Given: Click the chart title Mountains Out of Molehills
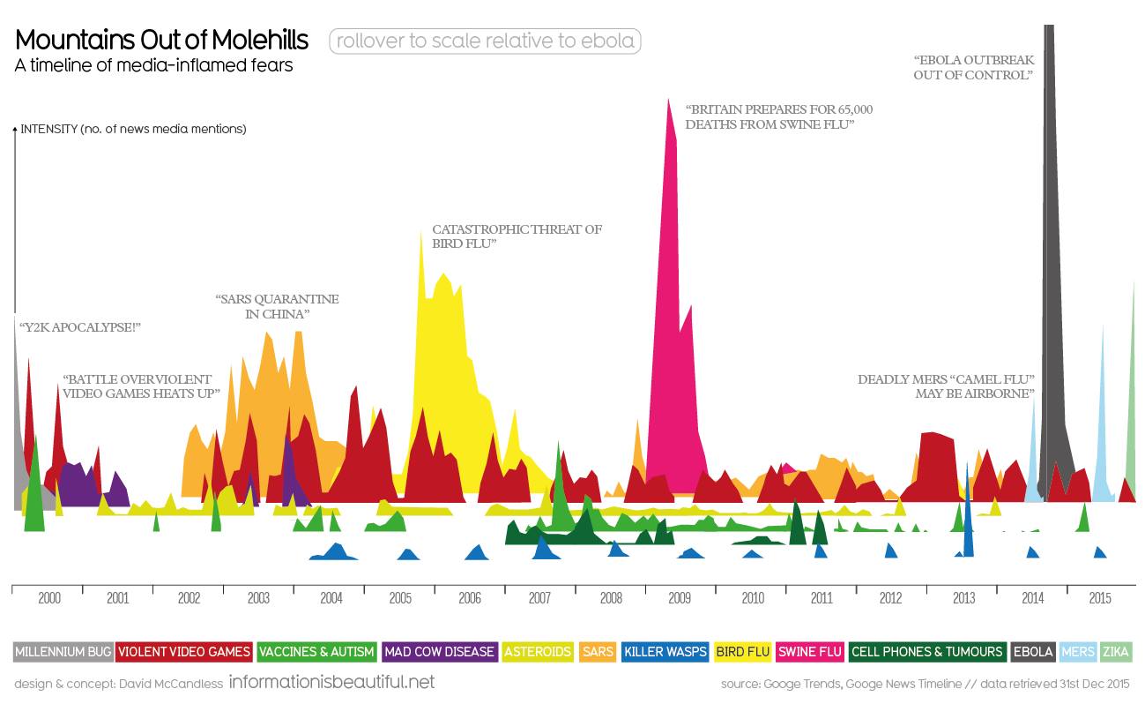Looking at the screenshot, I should [x=162, y=41].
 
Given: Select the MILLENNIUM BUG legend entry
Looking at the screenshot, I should [x=63, y=652].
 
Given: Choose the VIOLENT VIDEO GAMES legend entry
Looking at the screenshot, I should [x=184, y=652].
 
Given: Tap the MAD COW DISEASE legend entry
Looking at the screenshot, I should [x=440, y=652].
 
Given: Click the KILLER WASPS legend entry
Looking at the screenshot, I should [x=665, y=652].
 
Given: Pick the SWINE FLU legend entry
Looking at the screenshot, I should [x=810, y=652].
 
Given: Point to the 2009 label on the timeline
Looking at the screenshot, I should [x=679, y=598].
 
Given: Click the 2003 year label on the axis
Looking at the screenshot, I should [x=258, y=598].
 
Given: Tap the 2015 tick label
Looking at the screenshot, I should [x=1099, y=598].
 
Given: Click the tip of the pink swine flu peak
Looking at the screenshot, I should [x=669, y=99].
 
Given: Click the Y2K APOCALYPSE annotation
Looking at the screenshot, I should [x=80, y=327].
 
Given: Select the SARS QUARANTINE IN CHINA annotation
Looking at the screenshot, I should [x=277, y=306].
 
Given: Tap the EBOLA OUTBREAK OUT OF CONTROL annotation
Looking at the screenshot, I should [x=974, y=68].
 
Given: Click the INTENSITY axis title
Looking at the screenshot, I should [x=133, y=129].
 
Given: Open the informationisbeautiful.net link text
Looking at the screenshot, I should [x=331, y=682].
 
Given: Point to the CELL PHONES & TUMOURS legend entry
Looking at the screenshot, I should [x=926, y=652].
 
